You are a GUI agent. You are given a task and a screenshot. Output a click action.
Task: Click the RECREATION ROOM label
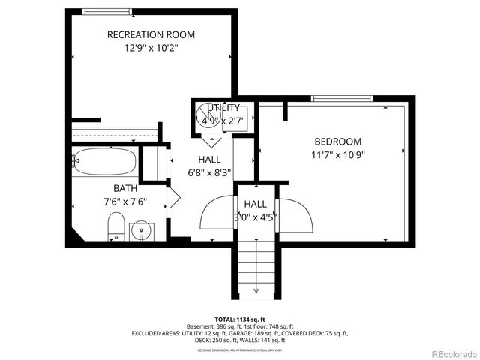[151, 34]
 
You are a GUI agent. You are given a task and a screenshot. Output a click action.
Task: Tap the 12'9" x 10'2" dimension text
[151, 48]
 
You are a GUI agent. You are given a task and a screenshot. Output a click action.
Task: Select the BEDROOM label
[337, 142]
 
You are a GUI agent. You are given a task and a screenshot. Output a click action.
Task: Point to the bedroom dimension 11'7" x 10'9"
[337, 155]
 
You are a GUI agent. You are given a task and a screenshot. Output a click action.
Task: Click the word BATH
[125, 188]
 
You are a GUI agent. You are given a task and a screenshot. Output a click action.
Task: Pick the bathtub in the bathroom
[104, 160]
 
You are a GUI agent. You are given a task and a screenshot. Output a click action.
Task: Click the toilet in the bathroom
[115, 226]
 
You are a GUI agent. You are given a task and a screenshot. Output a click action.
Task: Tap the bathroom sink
[140, 229]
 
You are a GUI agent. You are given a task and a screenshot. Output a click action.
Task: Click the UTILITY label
[224, 107]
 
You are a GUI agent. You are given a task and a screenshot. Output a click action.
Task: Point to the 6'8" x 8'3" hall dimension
[209, 173]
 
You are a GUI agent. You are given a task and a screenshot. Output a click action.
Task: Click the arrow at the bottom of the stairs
[256, 289]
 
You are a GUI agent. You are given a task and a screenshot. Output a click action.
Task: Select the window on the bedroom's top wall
[341, 98]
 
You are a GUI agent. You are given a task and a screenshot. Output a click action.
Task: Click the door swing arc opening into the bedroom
[295, 214]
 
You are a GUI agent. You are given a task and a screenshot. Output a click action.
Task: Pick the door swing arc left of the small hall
[217, 213]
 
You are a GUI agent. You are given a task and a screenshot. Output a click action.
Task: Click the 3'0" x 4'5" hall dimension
[255, 217]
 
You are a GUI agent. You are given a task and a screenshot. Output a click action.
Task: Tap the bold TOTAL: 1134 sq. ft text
[240, 319]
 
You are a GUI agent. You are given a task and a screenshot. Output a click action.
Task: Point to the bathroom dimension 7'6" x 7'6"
[125, 201]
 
